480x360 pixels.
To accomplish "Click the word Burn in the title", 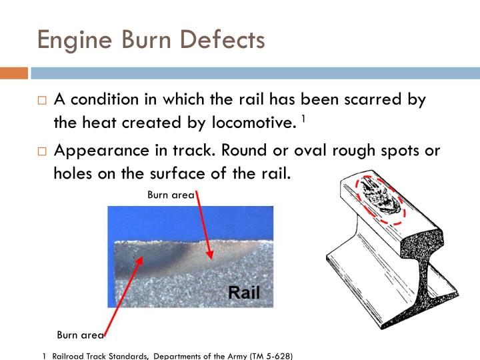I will (141, 40).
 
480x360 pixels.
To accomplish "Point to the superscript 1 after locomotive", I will (303, 119).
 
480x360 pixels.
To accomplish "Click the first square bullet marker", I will (41, 101).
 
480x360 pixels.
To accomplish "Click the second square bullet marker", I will (41, 151).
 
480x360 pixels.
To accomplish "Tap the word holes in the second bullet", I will (74, 173).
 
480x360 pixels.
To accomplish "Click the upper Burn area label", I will (171, 195).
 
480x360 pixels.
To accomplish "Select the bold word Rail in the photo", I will (243, 292).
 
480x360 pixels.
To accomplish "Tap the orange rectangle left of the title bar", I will (13, 73).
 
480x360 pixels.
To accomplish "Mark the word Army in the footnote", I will (235, 355).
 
